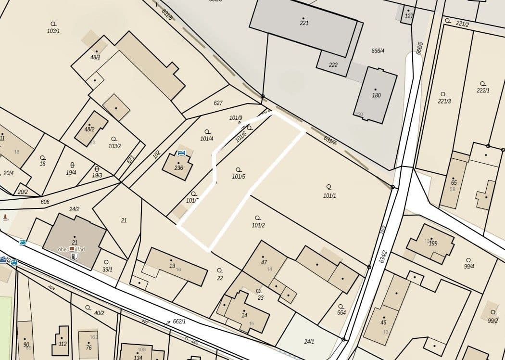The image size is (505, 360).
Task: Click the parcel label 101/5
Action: pyautogui.click(x=239, y=177)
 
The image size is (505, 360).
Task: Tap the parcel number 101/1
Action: pyautogui.click(x=329, y=195)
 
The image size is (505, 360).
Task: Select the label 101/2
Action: pyautogui.click(x=258, y=225)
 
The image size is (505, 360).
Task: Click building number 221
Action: pyautogui.click(x=304, y=23)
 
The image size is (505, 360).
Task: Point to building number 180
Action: pyautogui.click(x=376, y=95)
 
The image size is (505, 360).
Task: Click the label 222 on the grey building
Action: pyautogui.click(x=333, y=65)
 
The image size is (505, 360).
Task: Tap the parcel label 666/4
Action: pyautogui.click(x=378, y=51)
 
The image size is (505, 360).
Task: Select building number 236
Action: pyautogui.click(x=178, y=168)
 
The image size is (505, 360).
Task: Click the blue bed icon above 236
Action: pyautogui.click(x=181, y=153)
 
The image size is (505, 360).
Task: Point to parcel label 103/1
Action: pyautogui.click(x=53, y=31)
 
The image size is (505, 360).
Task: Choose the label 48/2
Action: pyautogui.click(x=89, y=129)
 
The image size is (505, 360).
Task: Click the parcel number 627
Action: pyautogui.click(x=218, y=103)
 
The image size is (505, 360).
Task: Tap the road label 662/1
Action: pyautogui.click(x=179, y=321)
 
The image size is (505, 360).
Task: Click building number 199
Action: pyautogui.click(x=433, y=244)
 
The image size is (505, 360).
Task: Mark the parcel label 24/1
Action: pyautogui.click(x=309, y=342)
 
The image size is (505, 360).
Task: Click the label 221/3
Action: pyautogui.click(x=444, y=101)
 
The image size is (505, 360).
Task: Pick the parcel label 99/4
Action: pyautogui.click(x=469, y=267)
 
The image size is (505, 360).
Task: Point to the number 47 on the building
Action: pyautogui.click(x=264, y=262)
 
